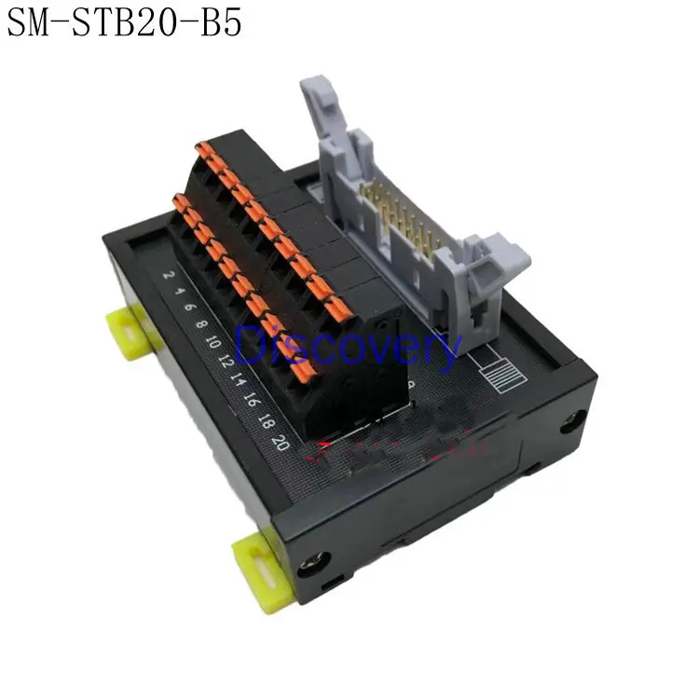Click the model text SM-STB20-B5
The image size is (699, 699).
pyautogui.click(x=124, y=23)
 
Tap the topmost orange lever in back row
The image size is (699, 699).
pyautogui.click(x=202, y=147)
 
